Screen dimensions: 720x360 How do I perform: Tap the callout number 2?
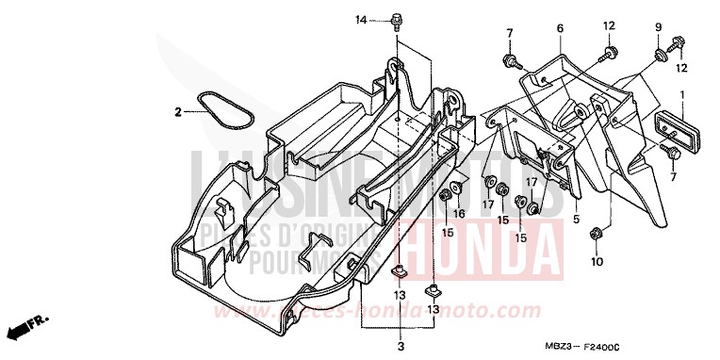(x=176, y=112)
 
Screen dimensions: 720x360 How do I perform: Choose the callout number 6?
(x=559, y=29)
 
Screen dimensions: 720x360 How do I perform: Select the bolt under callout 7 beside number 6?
(x=510, y=62)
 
